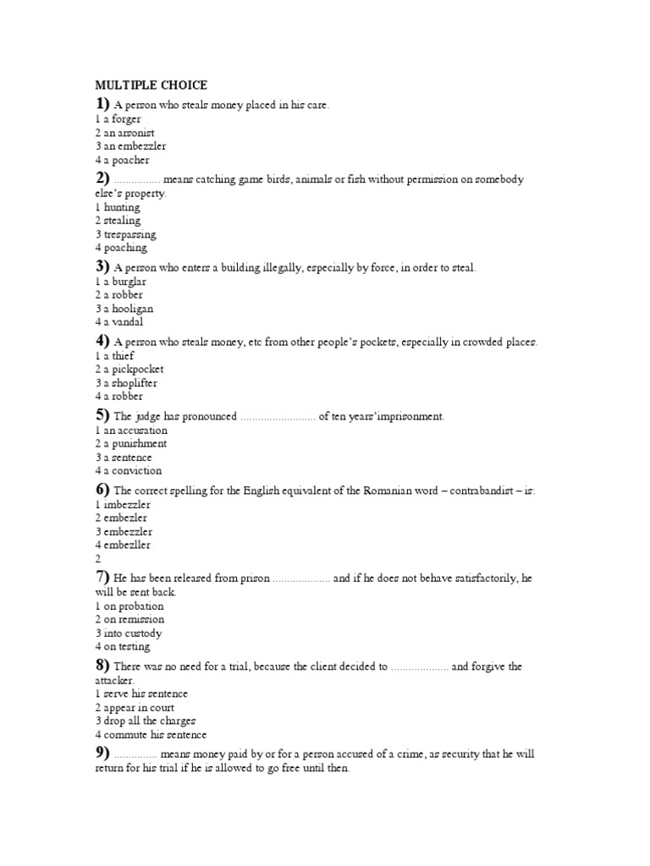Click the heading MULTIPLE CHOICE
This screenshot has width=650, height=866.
(x=151, y=85)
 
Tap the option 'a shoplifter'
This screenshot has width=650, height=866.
(x=129, y=383)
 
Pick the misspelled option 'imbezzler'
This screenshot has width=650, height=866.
(x=125, y=505)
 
